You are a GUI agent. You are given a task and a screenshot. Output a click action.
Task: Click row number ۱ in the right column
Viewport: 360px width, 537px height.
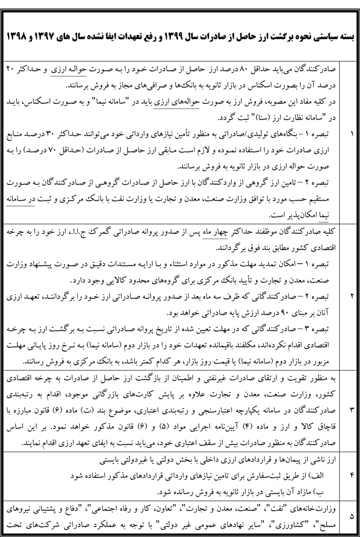(352, 134)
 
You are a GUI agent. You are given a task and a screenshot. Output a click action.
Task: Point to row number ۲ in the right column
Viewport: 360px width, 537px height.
(352, 295)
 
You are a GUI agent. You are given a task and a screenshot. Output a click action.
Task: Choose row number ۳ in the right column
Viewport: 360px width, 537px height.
(352, 409)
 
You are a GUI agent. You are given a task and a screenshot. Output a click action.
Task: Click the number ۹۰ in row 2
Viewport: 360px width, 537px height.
(285, 314)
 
